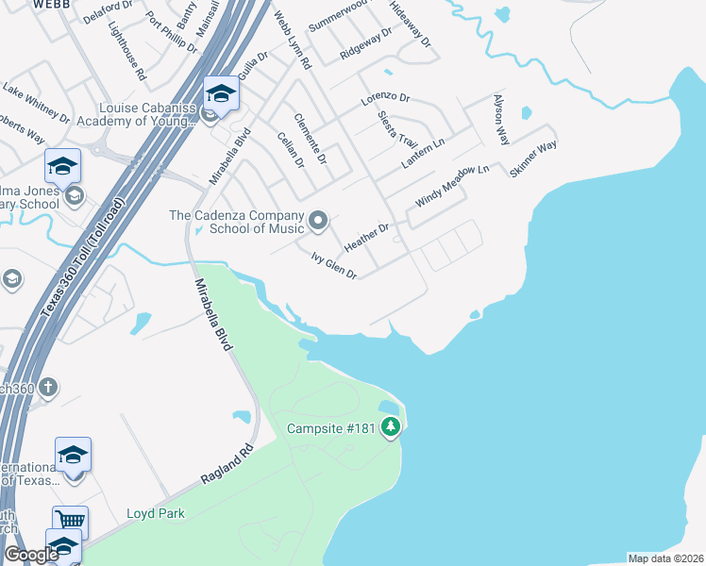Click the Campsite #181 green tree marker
click(x=391, y=428)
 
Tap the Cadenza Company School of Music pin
click(x=318, y=222)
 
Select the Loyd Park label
click(x=156, y=513)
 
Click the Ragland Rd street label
click(x=228, y=465)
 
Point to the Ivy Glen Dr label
click(x=333, y=265)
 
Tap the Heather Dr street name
click(x=367, y=237)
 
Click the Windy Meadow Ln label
click(x=453, y=185)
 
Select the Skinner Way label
click(x=533, y=158)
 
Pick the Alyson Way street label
click(x=500, y=119)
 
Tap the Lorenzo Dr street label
click(x=385, y=98)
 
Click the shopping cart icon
click(x=70, y=520)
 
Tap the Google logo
click(x=31, y=555)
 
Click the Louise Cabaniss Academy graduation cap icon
click(x=221, y=93)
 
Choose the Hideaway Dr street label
click(x=409, y=29)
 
